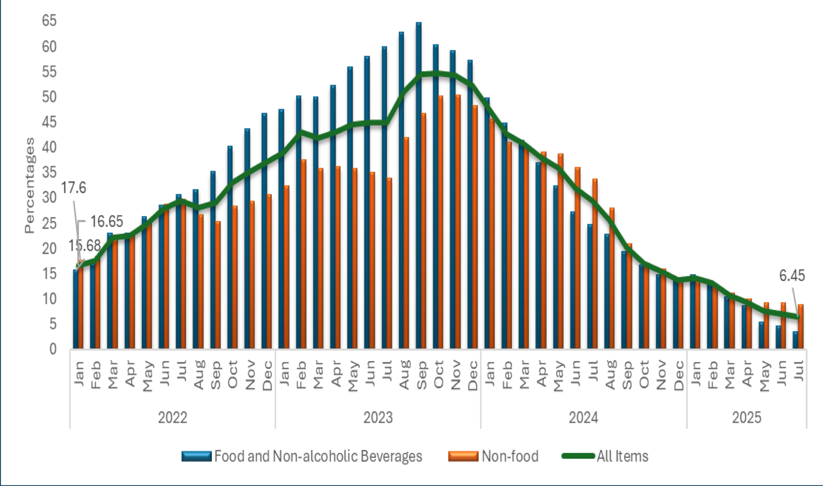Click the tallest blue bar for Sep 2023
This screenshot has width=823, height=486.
418,185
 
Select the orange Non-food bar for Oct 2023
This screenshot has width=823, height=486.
440,221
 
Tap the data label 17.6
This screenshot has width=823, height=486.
74,188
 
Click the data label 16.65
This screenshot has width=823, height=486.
106,222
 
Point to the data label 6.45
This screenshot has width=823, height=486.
792,276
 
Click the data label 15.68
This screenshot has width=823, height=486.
84,246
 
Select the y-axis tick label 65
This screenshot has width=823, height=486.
49,21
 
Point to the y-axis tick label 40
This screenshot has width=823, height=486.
49,147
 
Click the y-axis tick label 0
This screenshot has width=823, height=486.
52,349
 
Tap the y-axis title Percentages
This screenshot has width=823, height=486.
29,185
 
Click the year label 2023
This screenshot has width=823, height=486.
378,418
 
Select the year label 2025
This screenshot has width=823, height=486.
746,418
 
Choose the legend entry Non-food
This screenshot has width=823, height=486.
509,456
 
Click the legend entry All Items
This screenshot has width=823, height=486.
622,456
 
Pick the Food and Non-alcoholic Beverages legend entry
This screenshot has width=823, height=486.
318,456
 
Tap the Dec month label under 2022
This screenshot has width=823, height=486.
267,376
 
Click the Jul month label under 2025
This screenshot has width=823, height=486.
799,370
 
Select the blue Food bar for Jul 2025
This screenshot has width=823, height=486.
795,340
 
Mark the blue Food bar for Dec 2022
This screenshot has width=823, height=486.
264,231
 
